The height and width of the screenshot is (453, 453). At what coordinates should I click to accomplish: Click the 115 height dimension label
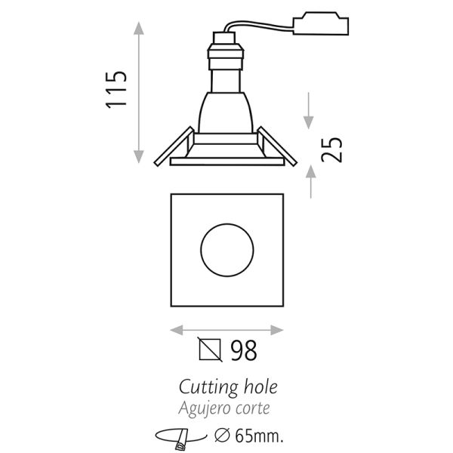pos(116,90)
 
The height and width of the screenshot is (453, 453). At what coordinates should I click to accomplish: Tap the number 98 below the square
pos(243,350)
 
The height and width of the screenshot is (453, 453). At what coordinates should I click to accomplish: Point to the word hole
pos(259,387)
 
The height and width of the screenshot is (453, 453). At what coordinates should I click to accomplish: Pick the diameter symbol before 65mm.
pos(223,436)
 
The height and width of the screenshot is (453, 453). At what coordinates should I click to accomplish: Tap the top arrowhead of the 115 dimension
pos(139,29)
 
